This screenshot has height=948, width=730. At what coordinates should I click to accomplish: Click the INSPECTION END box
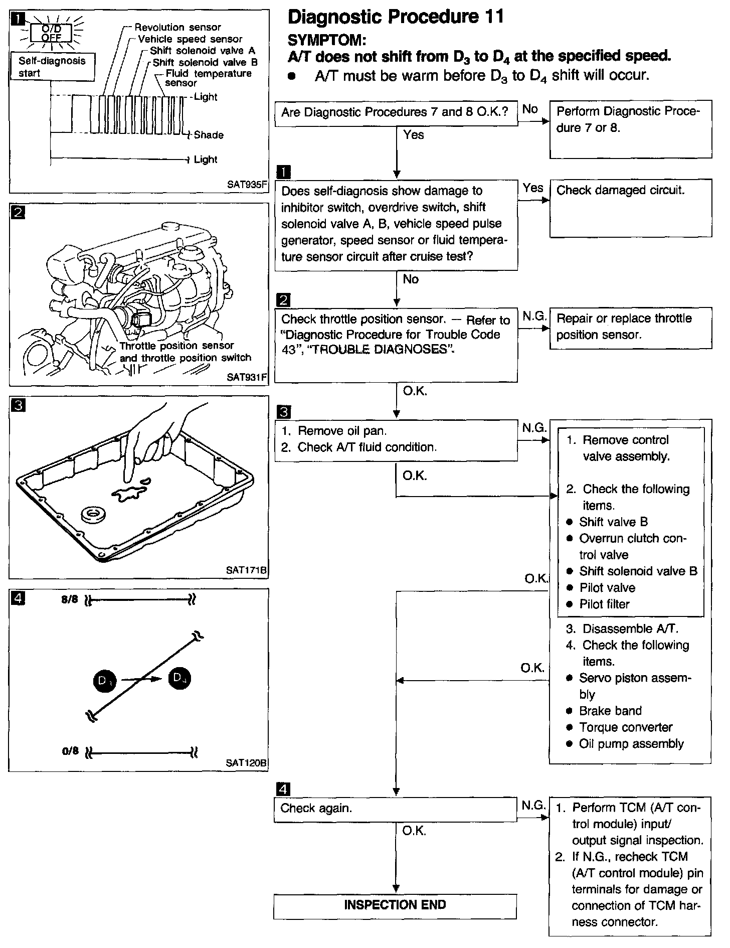point(395,905)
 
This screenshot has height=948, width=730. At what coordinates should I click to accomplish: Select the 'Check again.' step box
point(395,808)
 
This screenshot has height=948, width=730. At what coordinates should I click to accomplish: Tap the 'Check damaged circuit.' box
point(630,208)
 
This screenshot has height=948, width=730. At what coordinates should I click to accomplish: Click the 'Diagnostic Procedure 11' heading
point(396,17)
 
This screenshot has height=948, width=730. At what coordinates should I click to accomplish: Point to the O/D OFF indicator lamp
point(52,33)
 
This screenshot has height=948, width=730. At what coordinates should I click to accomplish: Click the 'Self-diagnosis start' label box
point(52,67)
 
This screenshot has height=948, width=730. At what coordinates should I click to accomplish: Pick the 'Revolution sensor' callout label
point(177,27)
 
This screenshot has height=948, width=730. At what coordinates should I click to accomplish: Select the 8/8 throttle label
point(70,599)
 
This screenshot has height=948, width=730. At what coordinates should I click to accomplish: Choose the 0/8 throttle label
point(70,751)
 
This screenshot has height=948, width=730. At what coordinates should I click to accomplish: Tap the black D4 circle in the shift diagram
point(179,678)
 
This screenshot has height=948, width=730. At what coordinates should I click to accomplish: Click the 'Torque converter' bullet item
point(625,727)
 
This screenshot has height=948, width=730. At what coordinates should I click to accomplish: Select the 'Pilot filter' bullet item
point(604,604)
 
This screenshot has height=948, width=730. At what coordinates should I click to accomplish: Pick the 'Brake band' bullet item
point(610,711)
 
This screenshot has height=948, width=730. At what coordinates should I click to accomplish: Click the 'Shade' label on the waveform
point(208,135)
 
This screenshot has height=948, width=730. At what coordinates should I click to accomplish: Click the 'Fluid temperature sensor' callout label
point(208,78)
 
